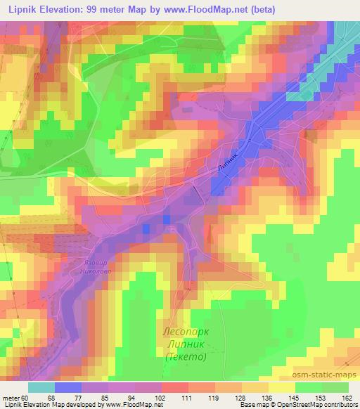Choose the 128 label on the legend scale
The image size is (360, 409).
tap(240, 398)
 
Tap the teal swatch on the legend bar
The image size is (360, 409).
tap(41, 387)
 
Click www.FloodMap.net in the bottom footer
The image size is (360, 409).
tap(133, 405)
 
